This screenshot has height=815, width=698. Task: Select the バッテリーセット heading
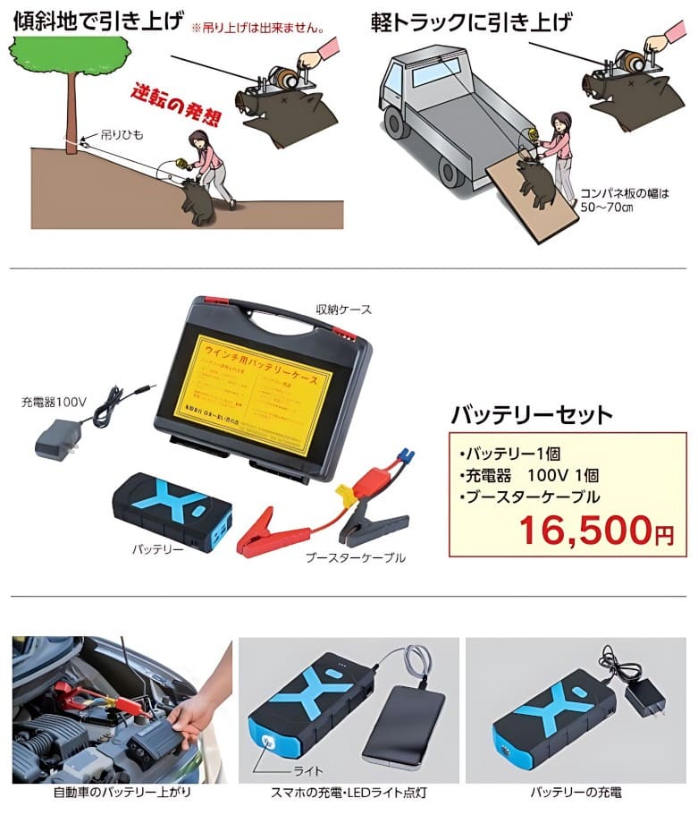532,414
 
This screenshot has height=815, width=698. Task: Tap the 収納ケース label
343,310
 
